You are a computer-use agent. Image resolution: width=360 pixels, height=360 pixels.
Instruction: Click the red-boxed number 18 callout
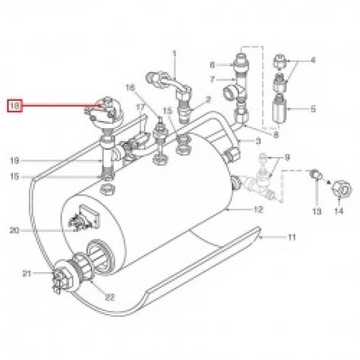(x=15, y=106)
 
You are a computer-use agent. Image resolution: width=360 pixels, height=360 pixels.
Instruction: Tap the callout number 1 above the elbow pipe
(x=174, y=53)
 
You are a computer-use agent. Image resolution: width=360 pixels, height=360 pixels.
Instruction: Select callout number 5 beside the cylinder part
(x=313, y=109)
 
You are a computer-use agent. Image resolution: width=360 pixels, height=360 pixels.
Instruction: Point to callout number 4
(x=313, y=60)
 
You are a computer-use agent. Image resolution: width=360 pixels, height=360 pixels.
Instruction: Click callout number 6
(x=212, y=65)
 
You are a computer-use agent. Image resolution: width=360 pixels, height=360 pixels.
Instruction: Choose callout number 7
(x=212, y=79)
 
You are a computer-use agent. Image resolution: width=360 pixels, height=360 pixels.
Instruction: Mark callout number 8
(x=276, y=135)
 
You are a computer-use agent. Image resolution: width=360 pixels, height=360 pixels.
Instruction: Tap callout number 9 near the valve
(x=287, y=158)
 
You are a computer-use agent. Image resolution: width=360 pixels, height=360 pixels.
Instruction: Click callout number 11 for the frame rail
(x=292, y=238)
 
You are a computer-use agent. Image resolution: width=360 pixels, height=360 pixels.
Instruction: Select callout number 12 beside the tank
(x=258, y=210)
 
